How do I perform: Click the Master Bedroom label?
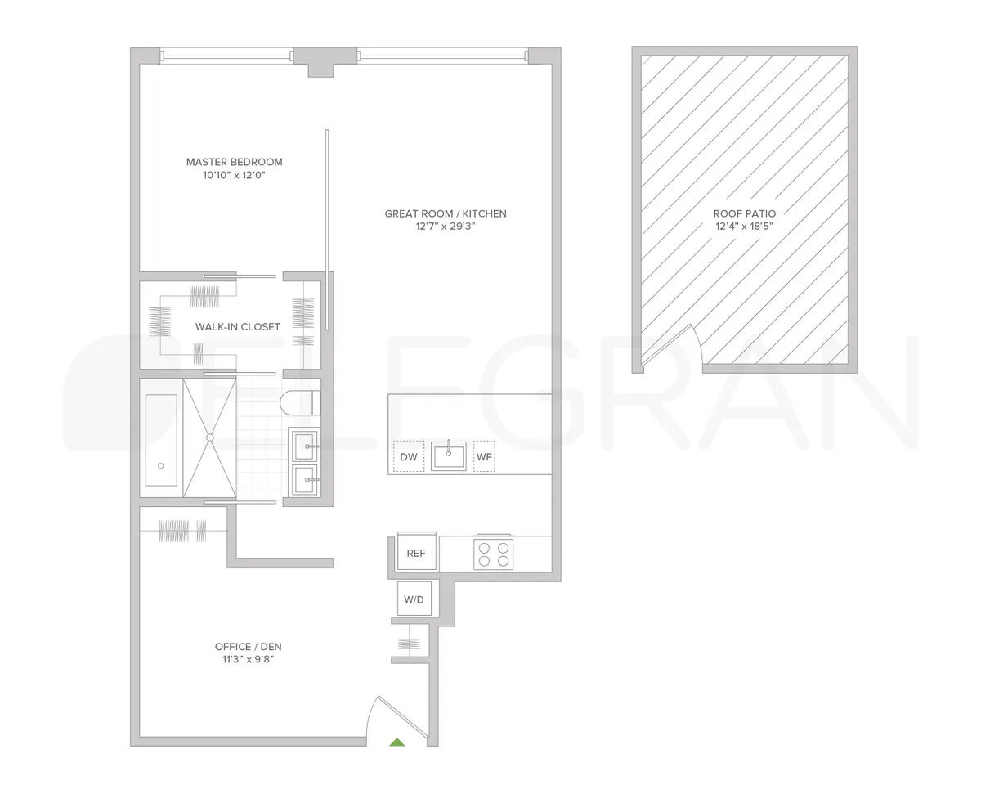coord(234,162)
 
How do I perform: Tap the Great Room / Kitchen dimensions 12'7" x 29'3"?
coord(446,227)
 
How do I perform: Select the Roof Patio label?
coord(744,213)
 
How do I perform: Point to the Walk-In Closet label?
coord(237,327)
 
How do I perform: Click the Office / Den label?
coord(248,647)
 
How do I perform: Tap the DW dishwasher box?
coord(409,457)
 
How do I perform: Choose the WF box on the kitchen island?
coord(484,457)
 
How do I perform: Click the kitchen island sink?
coord(449,455)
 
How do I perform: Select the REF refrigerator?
coord(416,554)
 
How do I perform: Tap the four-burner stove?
coord(493,554)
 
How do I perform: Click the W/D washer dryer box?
coord(414,600)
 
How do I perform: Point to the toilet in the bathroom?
coord(299,402)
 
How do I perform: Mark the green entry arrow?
coord(396,742)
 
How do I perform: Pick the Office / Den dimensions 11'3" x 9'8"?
coord(248,660)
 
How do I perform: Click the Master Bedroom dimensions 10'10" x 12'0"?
coord(234,176)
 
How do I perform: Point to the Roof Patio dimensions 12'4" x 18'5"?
coord(744,227)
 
